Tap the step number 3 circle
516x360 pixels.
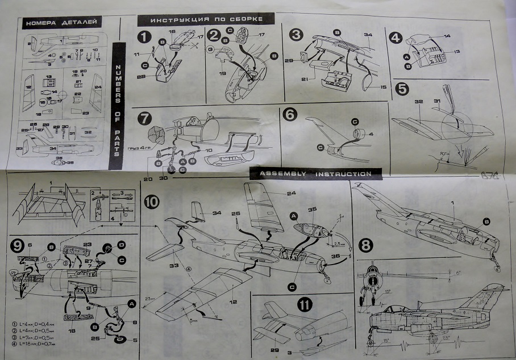(296, 34)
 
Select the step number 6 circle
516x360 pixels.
(290, 114)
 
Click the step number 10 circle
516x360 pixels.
(152, 202)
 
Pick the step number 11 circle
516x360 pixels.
(306, 304)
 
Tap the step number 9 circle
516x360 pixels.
(18, 246)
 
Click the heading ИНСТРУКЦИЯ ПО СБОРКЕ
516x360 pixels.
(206, 19)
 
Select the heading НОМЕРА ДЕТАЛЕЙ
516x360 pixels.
(63, 23)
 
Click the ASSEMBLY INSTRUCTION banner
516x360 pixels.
(315, 173)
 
